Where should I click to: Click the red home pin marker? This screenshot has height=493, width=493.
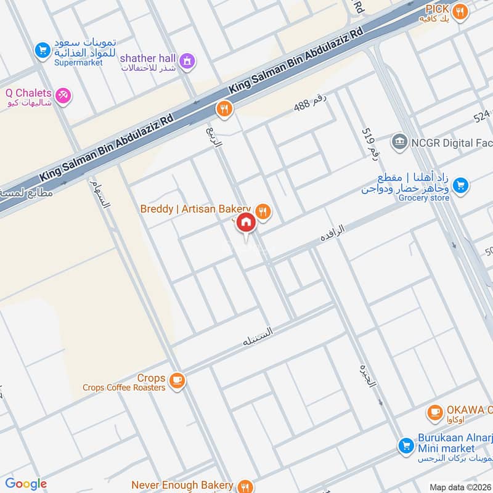(x=246, y=223)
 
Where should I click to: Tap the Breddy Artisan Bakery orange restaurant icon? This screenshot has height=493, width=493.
(x=264, y=211)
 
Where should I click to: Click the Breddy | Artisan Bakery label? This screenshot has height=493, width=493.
(x=195, y=210)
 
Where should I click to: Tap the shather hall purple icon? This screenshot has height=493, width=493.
(x=189, y=60)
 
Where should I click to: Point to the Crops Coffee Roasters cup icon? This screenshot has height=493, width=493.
(x=177, y=381)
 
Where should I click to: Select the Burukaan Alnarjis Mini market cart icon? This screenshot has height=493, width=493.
(x=405, y=444)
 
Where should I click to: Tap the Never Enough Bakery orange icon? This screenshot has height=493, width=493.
(x=246, y=486)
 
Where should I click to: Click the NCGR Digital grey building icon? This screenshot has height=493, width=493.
(x=401, y=141)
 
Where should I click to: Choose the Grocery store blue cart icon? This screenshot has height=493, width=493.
(x=460, y=184)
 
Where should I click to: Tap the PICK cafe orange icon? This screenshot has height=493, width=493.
(x=458, y=10)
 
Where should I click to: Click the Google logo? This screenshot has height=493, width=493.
(x=25, y=484)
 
